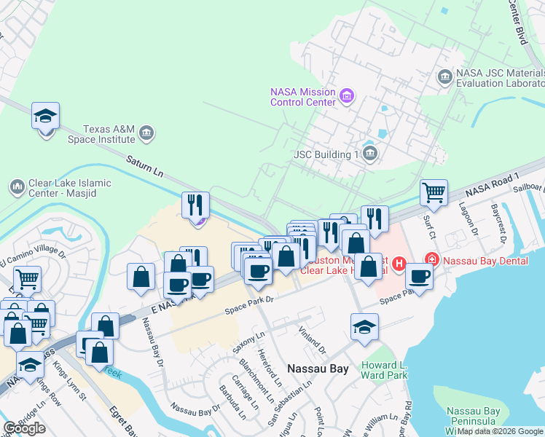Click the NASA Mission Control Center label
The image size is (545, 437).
tap(302, 97)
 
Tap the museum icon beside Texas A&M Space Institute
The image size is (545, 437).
tap(146, 132)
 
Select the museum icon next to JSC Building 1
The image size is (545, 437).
tap(370, 154)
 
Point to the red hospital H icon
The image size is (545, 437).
tap(399, 263)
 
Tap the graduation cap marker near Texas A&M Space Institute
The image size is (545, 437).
tap(46, 117)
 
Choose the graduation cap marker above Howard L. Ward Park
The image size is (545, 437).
tap(364, 327)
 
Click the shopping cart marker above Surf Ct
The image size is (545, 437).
tap(434, 193)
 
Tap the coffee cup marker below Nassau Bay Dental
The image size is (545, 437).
tap(419, 276)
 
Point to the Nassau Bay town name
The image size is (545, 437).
tap(318, 369)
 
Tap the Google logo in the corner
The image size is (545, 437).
tap(24, 428)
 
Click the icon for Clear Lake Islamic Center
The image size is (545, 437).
tap(16, 188)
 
